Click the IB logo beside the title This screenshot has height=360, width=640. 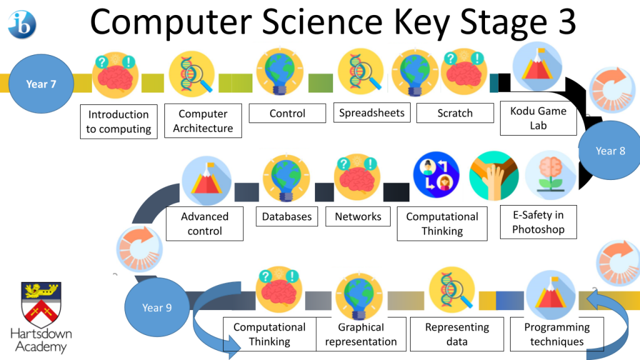tap(22, 25)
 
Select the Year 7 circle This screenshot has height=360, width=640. tap(41, 84)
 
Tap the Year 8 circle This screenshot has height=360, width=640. tap(610, 151)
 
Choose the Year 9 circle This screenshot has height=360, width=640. tap(157, 307)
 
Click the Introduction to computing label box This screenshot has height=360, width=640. tap(119, 122)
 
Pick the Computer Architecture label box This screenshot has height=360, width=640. tap(203, 121)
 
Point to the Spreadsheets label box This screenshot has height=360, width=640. tap(372, 112)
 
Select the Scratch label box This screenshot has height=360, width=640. tap(455, 113)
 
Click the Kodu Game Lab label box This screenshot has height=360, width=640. tap(538, 118)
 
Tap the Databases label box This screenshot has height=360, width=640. tap(287, 216)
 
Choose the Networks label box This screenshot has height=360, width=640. tap(358, 216)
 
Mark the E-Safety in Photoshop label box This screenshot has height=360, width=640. tap(538, 222)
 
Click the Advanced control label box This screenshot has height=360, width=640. tap(204, 224)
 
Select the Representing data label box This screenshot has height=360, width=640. tap(457, 334)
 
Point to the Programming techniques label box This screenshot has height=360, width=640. tap(557, 334)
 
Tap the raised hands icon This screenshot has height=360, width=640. tap(494, 176)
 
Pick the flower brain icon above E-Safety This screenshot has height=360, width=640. tap(551, 175)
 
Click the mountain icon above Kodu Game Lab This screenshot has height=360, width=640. tap(537, 66)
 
